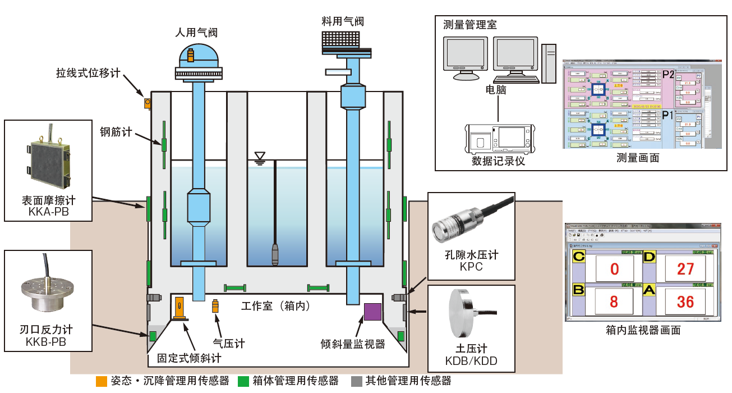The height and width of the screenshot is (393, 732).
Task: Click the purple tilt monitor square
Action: (373, 312)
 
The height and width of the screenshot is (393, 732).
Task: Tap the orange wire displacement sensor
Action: (148, 103)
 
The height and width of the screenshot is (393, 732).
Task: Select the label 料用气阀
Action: (343, 21)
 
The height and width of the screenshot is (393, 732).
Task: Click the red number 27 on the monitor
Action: (685, 268)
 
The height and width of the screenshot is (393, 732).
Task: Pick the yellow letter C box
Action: (578, 257)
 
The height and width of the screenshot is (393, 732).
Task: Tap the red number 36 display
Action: (685, 302)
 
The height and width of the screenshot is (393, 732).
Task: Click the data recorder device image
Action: (499, 138)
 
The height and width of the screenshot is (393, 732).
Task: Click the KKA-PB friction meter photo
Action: (48, 160)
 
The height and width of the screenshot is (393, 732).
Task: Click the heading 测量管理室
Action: (469, 25)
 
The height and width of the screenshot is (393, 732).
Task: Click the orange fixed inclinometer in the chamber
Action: (179, 309)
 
